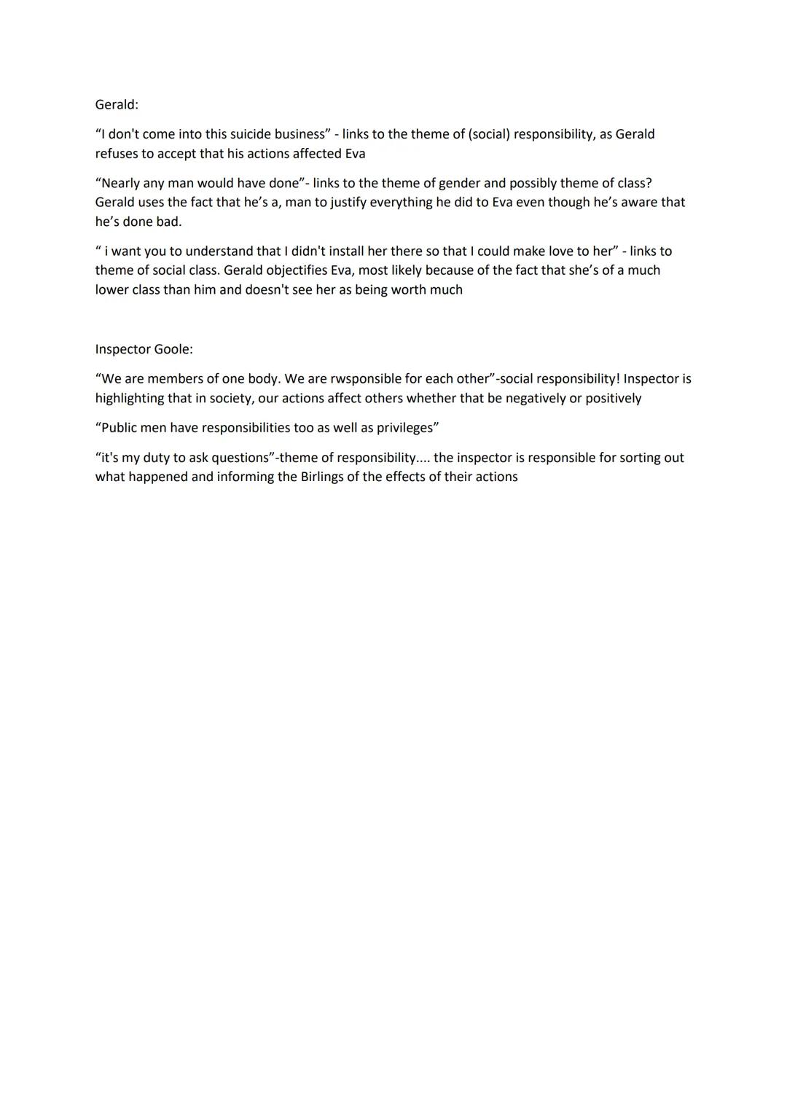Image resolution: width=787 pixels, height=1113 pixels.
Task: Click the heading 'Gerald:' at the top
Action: pyautogui.click(x=117, y=104)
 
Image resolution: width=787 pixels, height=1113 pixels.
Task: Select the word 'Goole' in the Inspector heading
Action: pyautogui.click(x=173, y=349)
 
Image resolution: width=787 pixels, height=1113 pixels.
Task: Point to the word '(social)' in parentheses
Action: pyautogui.click(x=486, y=134)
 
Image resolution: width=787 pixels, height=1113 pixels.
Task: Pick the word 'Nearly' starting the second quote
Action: pyautogui.click(x=121, y=183)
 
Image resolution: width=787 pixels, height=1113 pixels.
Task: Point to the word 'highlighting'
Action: pyautogui.click(x=130, y=399)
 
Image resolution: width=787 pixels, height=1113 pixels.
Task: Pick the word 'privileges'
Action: pyautogui.click(x=404, y=428)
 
